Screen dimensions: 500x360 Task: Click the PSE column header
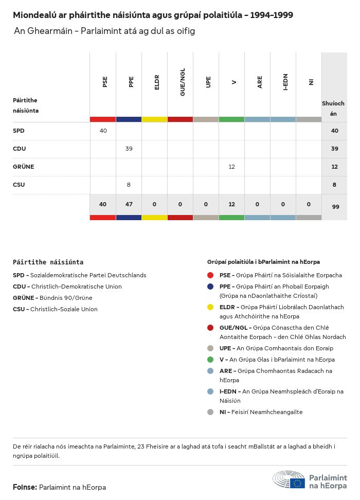[105, 82]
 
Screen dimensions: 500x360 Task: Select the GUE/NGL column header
[183, 82]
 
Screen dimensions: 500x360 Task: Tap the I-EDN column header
[285, 82]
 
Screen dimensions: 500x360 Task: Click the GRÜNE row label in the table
[23, 167]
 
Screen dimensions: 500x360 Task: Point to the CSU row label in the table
[19, 185]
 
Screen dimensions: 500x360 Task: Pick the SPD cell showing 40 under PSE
[103, 131]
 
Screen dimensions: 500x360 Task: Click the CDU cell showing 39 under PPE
[129, 149]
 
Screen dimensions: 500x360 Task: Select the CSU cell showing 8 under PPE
[129, 185]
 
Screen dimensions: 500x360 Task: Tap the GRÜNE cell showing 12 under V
[231, 167]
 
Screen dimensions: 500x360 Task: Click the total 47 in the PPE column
[129, 204]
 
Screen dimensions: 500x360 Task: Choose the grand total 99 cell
[335, 206]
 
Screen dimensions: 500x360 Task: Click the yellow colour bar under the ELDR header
[154, 119]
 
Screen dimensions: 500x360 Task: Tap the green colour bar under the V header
[231, 119]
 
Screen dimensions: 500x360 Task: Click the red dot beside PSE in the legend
[210, 275]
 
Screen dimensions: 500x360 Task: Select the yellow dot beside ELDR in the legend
[210, 307]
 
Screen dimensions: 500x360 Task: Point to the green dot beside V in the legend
[210, 360]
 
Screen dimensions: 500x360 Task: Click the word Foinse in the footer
[25, 487]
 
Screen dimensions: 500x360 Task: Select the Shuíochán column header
[333, 108]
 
